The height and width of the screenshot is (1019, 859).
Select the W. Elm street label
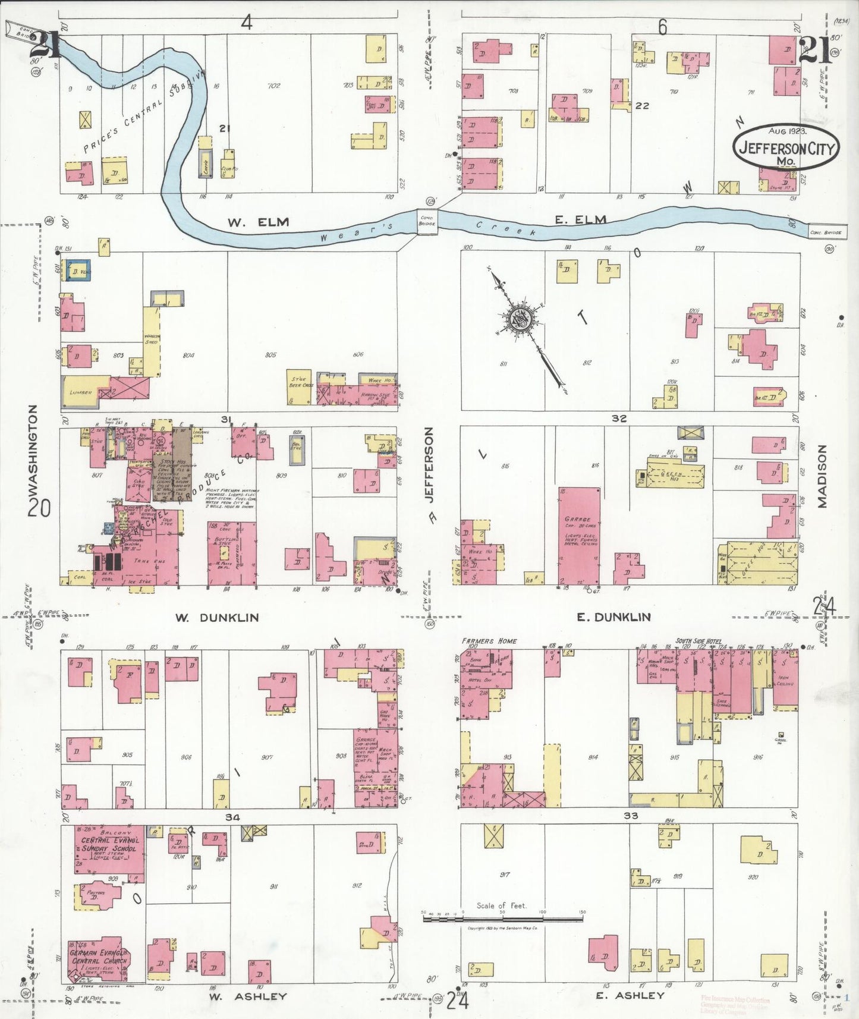tap(258, 222)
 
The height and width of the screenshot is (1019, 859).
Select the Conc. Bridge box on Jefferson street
tap(427, 221)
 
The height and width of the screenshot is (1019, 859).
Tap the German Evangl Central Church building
tap(99, 959)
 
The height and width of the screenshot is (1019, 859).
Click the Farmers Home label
tap(489, 641)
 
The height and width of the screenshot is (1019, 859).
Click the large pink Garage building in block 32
tap(578, 535)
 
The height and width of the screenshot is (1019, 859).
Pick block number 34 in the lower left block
tap(232, 817)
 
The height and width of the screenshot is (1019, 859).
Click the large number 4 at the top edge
tap(247, 23)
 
